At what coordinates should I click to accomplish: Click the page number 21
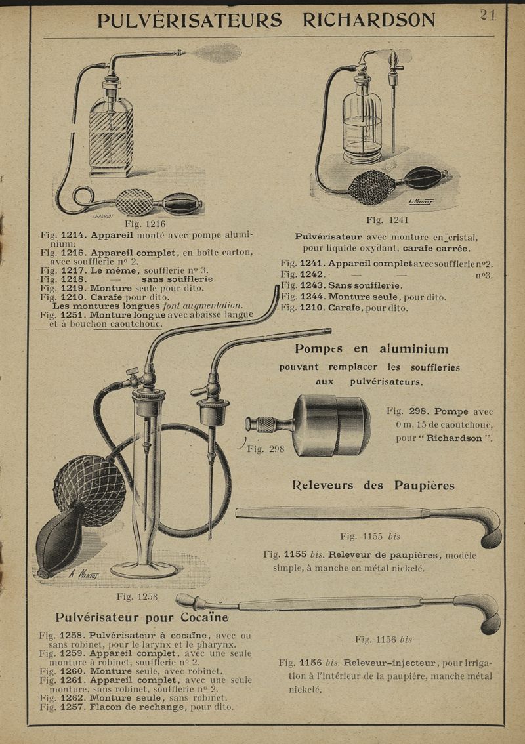click(488, 14)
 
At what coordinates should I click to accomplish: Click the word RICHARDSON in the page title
click(368, 20)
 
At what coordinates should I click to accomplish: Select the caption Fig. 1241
click(387, 220)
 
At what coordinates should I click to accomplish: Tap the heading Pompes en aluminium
click(371, 349)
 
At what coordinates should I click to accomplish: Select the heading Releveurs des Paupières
click(373, 486)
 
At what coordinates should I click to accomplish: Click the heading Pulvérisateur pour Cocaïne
click(142, 617)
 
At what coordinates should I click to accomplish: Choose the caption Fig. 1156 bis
click(383, 639)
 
